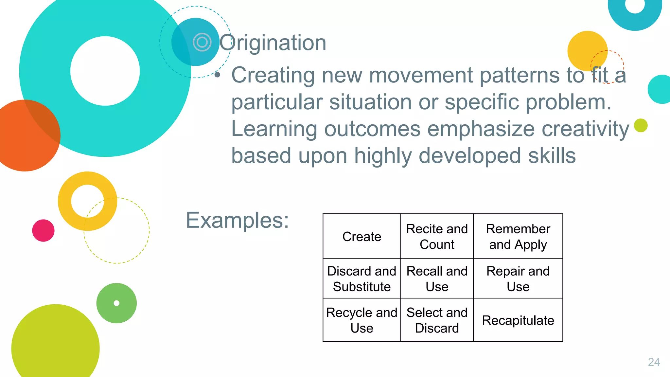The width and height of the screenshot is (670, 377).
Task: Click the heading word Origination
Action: tap(273, 43)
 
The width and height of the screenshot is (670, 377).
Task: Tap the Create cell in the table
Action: tap(361, 237)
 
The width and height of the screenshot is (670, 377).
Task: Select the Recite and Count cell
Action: tap(437, 237)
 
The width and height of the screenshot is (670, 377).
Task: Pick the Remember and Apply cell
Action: tap(518, 237)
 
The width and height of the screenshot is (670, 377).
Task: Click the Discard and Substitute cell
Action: tap(361, 279)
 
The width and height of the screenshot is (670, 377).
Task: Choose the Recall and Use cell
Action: tap(437, 279)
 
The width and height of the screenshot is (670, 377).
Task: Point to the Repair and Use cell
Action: tap(518, 279)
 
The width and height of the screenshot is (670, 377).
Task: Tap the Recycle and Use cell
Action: tap(361, 320)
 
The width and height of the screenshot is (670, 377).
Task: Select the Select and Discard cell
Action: tap(437, 320)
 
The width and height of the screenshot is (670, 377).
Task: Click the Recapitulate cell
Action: tap(518, 320)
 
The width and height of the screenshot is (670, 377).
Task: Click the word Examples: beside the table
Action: tap(237, 220)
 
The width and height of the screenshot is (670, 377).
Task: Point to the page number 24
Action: tap(654, 362)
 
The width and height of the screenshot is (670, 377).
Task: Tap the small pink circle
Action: tap(43, 230)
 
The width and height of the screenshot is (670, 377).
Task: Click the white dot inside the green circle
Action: tap(116, 303)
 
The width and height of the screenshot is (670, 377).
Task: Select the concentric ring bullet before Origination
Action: tap(202, 42)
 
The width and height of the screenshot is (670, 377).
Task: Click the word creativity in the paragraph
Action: tap(585, 129)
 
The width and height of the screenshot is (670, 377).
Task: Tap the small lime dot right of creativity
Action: tap(641, 125)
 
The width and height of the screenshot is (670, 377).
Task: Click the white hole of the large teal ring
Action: tap(105, 71)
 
